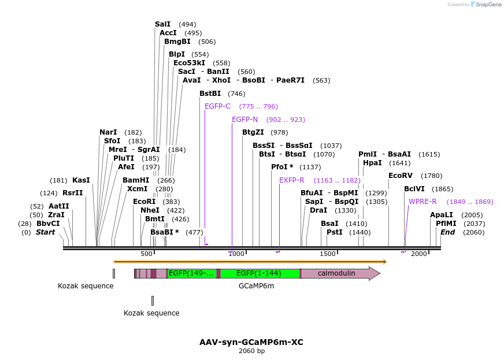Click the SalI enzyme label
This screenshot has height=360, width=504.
point(162,24)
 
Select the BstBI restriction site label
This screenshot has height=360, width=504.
point(210,94)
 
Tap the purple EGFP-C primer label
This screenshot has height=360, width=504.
point(217,106)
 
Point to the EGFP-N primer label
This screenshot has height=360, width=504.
point(244,120)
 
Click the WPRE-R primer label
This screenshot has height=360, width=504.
point(423,202)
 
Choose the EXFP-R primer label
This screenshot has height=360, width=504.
point(291,180)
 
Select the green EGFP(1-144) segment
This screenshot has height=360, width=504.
point(259,273)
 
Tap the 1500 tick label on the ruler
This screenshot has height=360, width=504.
point(328,254)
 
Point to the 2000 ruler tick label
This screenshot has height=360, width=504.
point(419,254)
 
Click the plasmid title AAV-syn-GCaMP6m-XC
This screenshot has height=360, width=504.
point(251,342)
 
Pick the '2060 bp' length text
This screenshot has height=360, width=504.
point(251,351)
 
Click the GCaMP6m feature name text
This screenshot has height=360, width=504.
point(256,285)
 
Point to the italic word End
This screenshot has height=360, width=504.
point(447,232)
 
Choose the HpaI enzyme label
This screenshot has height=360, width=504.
point(372,163)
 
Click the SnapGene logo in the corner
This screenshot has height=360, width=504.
point(486,5)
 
